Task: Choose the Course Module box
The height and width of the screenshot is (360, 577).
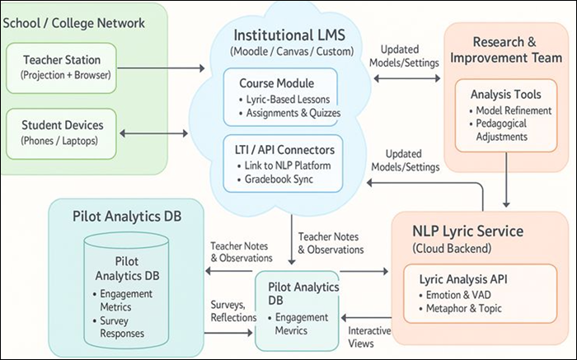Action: click(279, 96)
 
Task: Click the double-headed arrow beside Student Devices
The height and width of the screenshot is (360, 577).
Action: click(152, 132)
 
